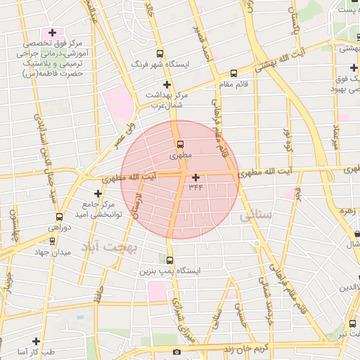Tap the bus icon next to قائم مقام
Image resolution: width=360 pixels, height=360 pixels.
(x=233, y=72)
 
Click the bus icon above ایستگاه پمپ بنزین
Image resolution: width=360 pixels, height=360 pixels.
(x=169, y=260)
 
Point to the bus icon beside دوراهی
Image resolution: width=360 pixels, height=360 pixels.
(x=59, y=217)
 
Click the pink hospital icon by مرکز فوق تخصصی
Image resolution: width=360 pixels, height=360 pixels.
(x=52, y=33)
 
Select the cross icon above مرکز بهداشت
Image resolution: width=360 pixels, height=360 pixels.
(x=166, y=84)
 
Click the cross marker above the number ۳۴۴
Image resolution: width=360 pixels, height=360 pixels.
(x=195, y=177)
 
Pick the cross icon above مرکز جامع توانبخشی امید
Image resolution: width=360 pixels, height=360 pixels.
(x=98, y=193)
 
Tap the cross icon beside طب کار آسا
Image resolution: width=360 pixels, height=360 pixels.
(x=35, y=341)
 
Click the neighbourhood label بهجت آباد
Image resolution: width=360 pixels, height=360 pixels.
(x=110, y=247)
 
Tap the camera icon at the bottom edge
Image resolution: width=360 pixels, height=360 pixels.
(x=176, y=352)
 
